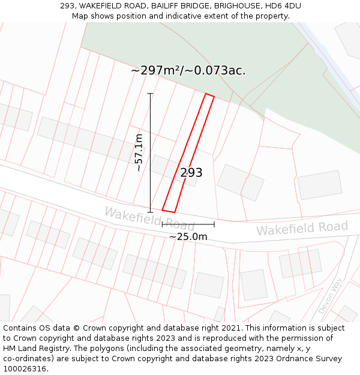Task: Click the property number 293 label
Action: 191,173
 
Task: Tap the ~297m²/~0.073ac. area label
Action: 188,71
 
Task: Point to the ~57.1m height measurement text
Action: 139,153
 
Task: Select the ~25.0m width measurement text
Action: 188,236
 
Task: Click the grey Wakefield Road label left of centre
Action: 149,218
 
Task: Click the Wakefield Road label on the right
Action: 302,229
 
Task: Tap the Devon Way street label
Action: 330,295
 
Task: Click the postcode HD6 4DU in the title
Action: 282,6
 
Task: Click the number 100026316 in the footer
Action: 26,369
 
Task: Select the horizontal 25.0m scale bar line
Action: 188,224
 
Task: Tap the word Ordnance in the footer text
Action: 280,359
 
